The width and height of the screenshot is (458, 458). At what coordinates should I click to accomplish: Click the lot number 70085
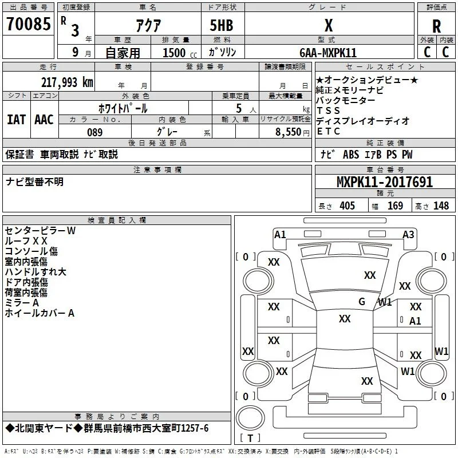point(29,23)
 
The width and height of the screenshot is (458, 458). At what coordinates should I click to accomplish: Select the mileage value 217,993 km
point(67,82)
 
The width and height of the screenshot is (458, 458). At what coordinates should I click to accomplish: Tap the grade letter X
point(329,25)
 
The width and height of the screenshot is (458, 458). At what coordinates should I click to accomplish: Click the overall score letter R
point(436,26)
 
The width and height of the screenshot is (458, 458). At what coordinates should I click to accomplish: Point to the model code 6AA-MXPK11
point(328,53)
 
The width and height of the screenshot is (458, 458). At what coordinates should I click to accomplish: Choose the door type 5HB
point(222,25)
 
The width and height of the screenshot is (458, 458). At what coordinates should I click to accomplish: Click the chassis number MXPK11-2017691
point(385,182)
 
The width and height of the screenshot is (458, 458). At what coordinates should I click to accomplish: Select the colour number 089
point(95,132)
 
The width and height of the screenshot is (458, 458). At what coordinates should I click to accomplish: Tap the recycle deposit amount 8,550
point(289,132)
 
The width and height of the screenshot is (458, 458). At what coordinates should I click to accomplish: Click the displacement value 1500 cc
point(180,53)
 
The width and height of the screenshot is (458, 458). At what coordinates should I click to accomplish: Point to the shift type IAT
point(17,120)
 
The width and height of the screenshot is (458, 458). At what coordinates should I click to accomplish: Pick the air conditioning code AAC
point(44,120)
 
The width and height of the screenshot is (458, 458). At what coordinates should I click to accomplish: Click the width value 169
point(395,206)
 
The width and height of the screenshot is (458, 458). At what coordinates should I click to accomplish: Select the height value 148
point(441,206)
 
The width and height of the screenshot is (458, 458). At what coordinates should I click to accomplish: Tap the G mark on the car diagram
point(362,302)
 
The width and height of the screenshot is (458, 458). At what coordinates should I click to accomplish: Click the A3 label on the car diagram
point(408,235)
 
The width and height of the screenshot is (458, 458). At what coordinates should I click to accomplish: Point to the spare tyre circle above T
point(250,418)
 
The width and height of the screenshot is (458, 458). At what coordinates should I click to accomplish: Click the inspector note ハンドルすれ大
point(35,272)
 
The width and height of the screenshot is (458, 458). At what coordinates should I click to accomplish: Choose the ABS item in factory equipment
point(351,155)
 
